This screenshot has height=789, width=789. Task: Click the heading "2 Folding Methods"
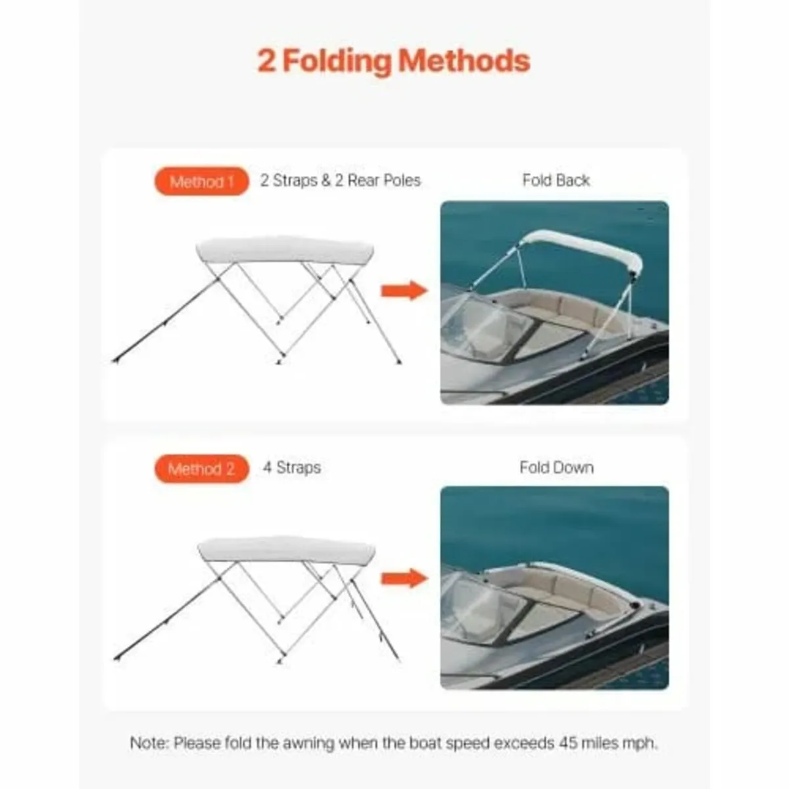click(x=393, y=60)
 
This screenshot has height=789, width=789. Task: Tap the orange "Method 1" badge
click(x=201, y=181)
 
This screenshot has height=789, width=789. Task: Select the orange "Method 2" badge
click(x=201, y=469)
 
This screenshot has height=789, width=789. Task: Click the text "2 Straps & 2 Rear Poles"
click(x=340, y=181)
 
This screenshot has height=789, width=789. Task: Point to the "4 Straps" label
click(x=292, y=468)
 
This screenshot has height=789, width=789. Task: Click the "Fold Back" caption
click(x=556, y=180)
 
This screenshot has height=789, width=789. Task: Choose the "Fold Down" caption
click(x=556, y=467)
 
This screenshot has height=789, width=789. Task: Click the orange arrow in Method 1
click(x=404, y=290)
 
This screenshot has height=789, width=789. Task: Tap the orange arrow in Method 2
click(x=404, y=578)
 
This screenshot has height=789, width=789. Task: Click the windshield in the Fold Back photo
click(x=483, y=325)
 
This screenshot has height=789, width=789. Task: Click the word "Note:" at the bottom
click(x=149, y=744)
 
